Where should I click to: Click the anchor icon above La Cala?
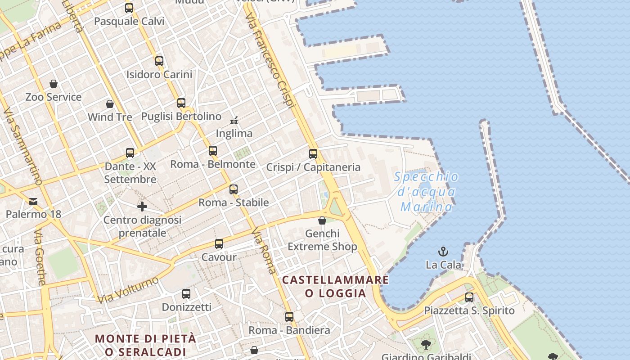click(443, 251)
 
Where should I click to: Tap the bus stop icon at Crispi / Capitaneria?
click(313, 154)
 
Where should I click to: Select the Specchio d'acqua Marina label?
click(426, 192)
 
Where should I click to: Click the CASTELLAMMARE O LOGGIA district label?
click(335, 287)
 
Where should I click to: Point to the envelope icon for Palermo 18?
click(33, 201)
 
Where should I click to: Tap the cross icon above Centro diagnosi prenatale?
click(142, 207)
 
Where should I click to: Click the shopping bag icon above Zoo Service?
click(54, 84)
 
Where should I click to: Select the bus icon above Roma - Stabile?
click(234, 189)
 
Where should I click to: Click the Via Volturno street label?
click(128, 289)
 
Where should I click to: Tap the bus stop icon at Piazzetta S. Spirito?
click(469, 297)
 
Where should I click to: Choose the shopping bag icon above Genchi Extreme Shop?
click(322, 220)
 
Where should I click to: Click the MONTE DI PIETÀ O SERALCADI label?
click(146, 345)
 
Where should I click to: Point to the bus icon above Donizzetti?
click(186, 294)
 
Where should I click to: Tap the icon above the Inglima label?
click(234, 120)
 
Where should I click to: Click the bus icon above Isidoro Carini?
click(159, 61)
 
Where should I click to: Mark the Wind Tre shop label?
click(110, 117)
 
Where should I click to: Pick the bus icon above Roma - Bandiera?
click(289, 317)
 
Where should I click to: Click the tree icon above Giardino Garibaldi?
click(426, 345)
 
